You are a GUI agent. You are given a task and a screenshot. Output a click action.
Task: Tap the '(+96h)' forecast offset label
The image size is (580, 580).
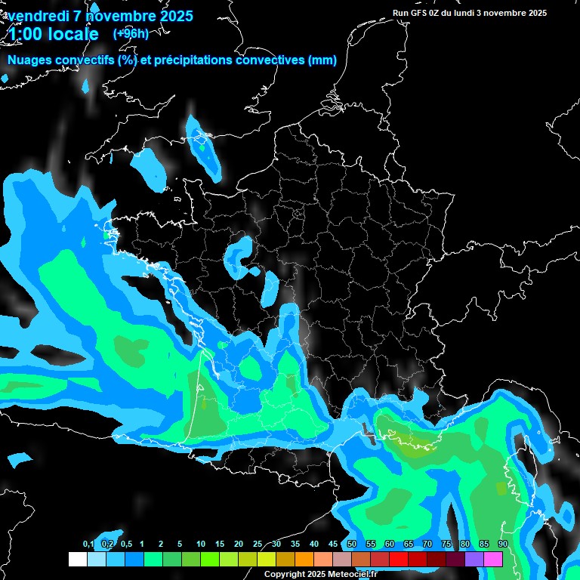click(131, 33)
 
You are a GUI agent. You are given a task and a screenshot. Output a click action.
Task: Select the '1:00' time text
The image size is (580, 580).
click(25, 34)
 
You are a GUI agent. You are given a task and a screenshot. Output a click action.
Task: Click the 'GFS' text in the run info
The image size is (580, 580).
click(419, 13)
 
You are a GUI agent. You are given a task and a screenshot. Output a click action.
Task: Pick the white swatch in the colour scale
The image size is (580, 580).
click(77, 559)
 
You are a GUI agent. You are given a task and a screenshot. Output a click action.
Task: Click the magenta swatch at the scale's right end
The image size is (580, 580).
click(493, 559)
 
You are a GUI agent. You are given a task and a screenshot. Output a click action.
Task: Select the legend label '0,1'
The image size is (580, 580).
click(88, 545)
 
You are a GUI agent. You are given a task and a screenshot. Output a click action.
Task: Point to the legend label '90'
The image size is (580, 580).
click(502, 545)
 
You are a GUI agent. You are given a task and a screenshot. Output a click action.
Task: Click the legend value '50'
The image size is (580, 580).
click(352, 545)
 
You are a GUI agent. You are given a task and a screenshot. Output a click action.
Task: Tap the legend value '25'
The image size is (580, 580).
click(258, 545)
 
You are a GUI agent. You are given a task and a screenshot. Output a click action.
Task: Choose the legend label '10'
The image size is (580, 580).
click(201, 545)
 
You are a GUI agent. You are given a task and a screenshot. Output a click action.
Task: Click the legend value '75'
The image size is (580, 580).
click(446, 545)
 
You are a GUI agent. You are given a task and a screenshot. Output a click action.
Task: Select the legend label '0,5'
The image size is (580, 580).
click(126, 545)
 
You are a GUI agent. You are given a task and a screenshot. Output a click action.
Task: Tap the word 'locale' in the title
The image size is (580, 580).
click(73, 34)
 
